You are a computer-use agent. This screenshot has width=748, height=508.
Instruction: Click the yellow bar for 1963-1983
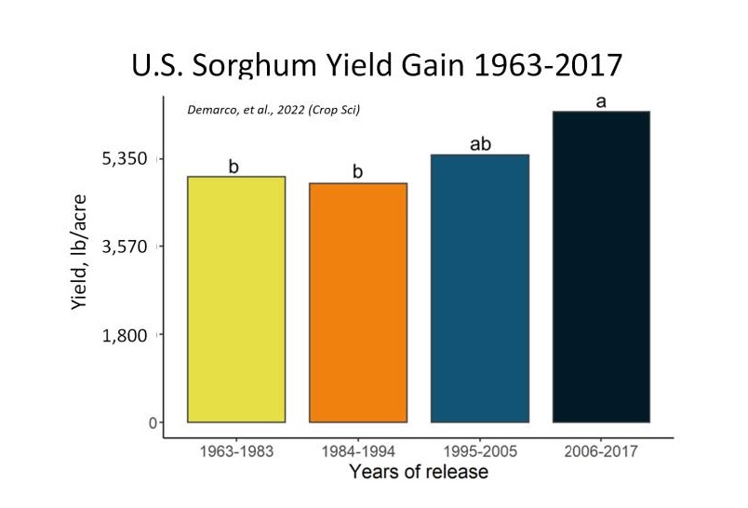pos(236,299)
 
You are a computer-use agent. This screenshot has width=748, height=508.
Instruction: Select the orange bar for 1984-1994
pos(358,302)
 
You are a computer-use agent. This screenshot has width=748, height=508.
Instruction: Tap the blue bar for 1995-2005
pos(480,288)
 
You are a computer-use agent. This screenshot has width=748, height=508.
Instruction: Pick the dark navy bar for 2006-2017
pos(601,267)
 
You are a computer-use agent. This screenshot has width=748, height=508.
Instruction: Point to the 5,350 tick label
pos(126,159)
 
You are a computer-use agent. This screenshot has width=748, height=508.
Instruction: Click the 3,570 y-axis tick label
pos(126,247)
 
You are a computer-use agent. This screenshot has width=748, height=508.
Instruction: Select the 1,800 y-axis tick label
pos(126,335)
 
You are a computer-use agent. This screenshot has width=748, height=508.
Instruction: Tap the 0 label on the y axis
pos(140,423)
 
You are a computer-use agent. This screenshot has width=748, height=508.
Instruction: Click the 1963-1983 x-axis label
pos(236,451)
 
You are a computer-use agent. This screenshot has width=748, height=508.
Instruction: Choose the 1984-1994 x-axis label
pos(358,451)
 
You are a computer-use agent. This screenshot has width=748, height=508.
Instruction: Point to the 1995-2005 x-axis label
pos(480,451)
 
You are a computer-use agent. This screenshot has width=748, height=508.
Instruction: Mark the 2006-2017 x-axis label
pos(601,451)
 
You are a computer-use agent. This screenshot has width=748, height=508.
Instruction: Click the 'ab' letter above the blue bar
pos(480,144)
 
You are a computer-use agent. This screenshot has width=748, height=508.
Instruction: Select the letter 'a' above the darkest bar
pos(601,101)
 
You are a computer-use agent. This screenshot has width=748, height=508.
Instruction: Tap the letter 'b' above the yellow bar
pos(234,167)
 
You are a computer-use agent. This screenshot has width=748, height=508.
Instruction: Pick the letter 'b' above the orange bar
pos(357,172)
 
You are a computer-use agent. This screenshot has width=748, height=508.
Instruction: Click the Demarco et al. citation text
pos(274,111)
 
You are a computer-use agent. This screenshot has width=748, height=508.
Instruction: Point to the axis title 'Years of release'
pos(418,472)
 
